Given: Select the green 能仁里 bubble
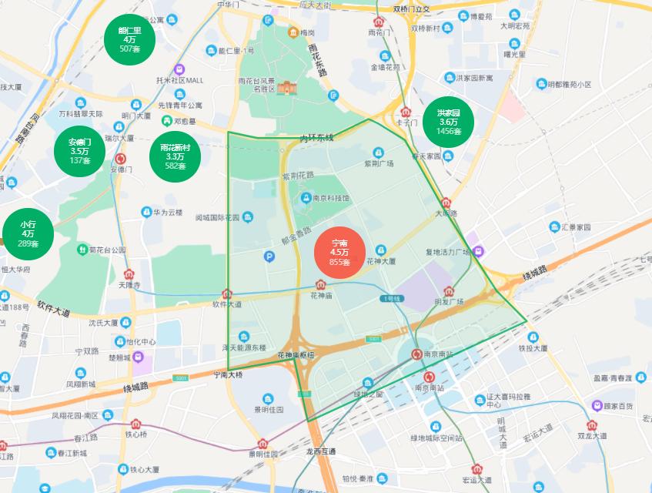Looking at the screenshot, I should click(130, 39).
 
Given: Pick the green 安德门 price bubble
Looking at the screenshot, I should click(80, 151).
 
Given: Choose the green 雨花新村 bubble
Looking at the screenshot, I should click(175, 156).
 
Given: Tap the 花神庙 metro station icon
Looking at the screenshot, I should click(322, 284).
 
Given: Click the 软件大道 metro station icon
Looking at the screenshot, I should click(227, 293).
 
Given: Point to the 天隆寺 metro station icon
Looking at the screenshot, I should click(129, 273).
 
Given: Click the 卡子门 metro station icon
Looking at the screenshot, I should click(406, 112).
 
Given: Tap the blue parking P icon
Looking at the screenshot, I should click(269, 257).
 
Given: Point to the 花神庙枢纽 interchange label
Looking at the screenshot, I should click(296, 355).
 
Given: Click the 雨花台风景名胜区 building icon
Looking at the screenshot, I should click(286, 88).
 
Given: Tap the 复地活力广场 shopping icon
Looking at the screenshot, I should click(479, 251).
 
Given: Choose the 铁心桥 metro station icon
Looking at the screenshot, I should click(135, 423).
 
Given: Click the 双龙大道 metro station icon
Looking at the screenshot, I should click(591, 424).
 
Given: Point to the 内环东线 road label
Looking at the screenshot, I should click(316, 138).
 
